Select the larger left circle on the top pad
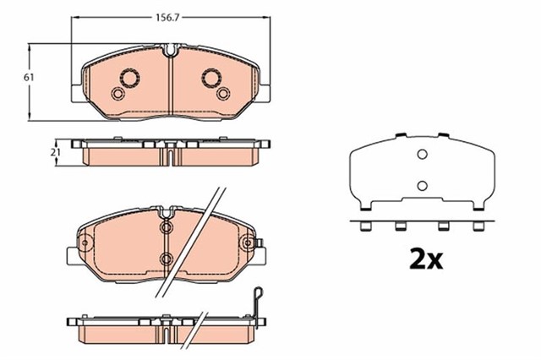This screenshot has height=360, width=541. (x=131, y=78)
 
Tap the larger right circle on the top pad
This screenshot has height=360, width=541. (x=210, y=78)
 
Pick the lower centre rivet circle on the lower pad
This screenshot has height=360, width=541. (x=166, y=257)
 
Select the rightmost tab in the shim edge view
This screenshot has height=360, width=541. (x=478, y=226)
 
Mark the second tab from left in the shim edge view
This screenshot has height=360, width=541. (x=402, y=226)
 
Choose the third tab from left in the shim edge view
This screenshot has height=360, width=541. (x=440, y=226)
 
